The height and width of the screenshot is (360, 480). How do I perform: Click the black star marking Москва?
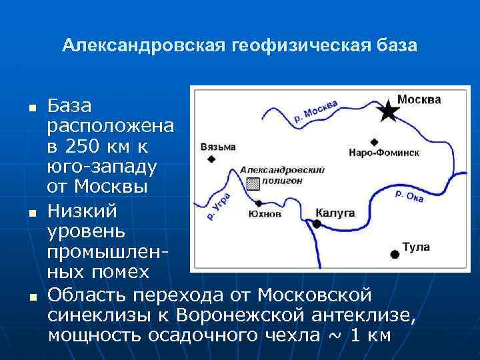point(387,111)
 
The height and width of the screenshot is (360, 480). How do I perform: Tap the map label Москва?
point(419,99)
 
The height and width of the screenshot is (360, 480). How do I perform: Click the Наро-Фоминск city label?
point(383,152)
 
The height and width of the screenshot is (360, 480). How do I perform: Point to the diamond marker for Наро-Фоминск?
point(374,141)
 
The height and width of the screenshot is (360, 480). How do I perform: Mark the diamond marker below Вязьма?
point(211,159)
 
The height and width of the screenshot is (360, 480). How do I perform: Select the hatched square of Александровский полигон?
point(253,184)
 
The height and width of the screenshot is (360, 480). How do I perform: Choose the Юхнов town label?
point(265,214)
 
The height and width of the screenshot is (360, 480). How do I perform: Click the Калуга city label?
point(335,213)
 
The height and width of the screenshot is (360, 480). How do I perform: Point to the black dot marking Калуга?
point(317,224)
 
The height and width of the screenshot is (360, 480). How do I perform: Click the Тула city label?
point(416,247)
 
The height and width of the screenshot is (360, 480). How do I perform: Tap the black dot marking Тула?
point(395,253)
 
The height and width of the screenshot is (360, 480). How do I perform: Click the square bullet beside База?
point(31,107)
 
